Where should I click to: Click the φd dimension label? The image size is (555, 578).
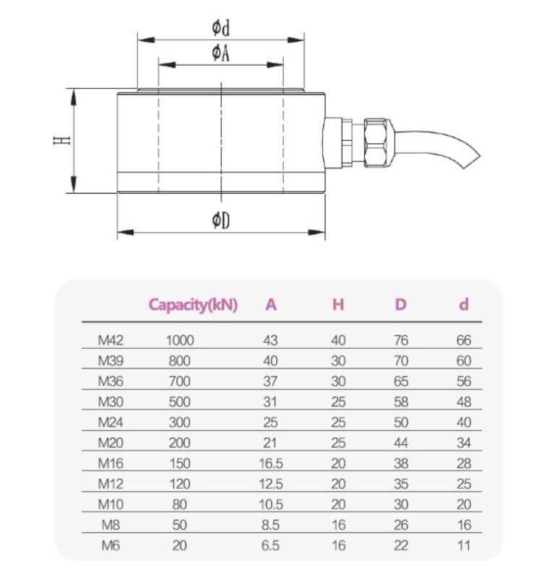pos(220,28)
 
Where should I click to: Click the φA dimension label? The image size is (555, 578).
pos(220,53)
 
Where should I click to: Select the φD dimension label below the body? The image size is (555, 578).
pos(220,220)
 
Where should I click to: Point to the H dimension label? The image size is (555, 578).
pos(62,140)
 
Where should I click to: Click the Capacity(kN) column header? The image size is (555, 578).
pos(193,304)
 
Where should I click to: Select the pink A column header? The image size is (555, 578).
pos(271,304)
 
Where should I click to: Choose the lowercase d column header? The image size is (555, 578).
pos(463,304)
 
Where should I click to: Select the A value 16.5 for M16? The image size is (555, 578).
pos(271,463)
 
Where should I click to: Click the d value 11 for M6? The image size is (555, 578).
pos(463,545)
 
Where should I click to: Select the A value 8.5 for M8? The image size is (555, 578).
pos(271,525)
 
